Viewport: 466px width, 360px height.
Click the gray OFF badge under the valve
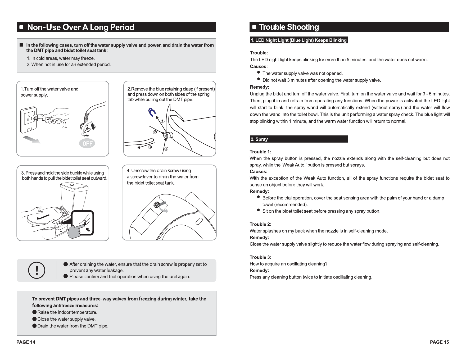[x=87, y=144]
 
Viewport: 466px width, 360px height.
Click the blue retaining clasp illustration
[x=152, y=112]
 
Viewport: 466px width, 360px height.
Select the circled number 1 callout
[x=163, y=121]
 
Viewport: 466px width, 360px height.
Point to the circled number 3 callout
[x=150, y=147]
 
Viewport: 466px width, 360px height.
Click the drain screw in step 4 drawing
[x=157, y=205]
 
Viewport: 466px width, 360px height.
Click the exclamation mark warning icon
[x=37, y=270]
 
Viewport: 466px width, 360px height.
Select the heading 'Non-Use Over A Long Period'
[x=81, y=27]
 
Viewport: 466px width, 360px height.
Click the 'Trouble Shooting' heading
[x=289, y=27]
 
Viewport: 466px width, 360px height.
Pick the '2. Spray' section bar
[x=299, y=139]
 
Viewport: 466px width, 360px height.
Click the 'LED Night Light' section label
[x=299, y=40]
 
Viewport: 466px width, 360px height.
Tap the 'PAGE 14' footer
[x=26, y=342]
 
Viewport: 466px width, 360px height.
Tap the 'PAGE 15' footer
[x=440, y=342]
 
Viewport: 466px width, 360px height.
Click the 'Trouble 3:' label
[x=260, y=257]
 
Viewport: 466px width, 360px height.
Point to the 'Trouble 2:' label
[x=260, y=224]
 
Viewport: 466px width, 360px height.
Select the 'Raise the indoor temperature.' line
[x=67, y=312]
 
